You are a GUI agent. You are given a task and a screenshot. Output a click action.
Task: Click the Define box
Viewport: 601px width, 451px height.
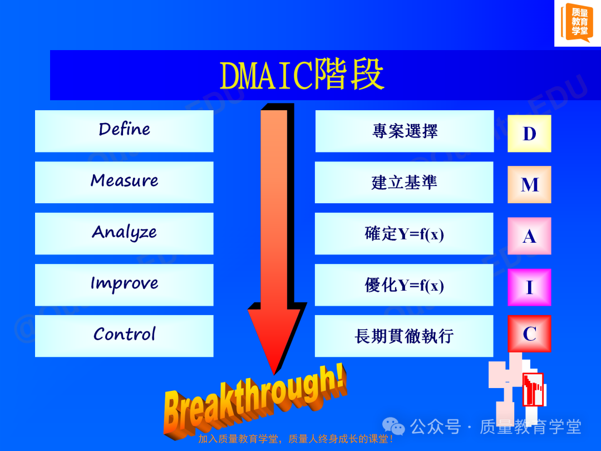(x=124, y=131)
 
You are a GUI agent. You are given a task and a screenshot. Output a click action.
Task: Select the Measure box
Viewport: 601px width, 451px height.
(x=124, y=182)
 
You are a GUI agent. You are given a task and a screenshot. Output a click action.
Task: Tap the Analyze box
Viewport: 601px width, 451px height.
(x=124, y=233)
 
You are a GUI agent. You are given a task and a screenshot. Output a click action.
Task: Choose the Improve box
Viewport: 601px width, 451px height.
(x=124, y=285)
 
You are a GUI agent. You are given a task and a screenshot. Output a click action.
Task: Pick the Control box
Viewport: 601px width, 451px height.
(x=124, y=336)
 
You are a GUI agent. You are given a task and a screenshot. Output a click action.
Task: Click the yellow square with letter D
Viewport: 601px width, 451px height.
(x=529, y=134)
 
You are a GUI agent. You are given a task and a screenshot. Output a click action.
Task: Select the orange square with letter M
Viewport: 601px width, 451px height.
(x=529, y=184)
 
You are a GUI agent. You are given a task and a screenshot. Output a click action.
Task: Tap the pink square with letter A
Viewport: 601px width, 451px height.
(x=529, y=236)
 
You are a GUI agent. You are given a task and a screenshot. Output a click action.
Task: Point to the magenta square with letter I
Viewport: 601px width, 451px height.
(x=529, y=287)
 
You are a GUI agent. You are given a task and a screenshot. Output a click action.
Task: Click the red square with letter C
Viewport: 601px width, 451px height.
(x=529, y=334)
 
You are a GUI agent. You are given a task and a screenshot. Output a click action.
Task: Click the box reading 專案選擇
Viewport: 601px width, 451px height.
(x=405, y=131)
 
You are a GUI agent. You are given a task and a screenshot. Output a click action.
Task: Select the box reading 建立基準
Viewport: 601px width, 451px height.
(x=404, y=182)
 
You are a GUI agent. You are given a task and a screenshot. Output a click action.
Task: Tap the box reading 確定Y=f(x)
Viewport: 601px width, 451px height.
(x=404, y=233)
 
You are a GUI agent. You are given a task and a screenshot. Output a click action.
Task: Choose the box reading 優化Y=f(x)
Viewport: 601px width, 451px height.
(x=404, y=285)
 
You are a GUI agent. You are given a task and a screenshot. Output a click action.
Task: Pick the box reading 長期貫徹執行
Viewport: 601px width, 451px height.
(x=404, y=336)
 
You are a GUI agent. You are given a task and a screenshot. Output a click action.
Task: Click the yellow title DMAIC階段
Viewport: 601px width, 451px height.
(x=302, y=75)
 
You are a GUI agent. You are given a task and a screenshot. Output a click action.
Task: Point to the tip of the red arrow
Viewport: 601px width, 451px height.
(x=274, y=374)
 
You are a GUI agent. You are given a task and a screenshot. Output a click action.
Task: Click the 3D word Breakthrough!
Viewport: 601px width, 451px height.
(x=255, y=401)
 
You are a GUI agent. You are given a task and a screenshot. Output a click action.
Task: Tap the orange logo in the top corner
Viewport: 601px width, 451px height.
(x=577, y=22)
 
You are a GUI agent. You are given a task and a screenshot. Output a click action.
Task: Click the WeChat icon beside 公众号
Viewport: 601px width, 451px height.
(x=393, y=426)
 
